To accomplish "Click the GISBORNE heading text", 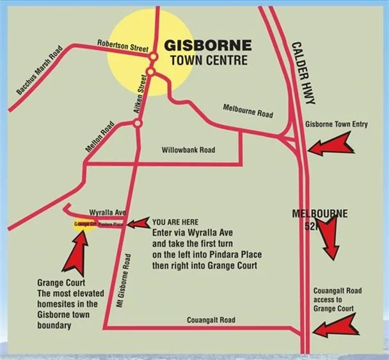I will click(x=209, y=46).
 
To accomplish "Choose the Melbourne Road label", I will click(x=248, y=109).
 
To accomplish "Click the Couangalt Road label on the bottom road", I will click(x=211, y=320).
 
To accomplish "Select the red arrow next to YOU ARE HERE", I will click(x=137, y=224).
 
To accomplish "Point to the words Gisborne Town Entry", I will click(x=337, y=124).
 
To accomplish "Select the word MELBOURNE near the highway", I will click(x=320, y=213).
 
